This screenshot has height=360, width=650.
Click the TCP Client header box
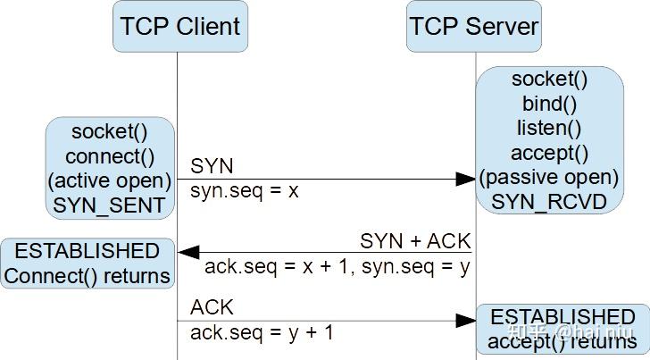click(179, 26)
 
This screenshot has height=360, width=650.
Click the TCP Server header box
click(473, 26)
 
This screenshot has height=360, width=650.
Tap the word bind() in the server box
click(549, 104)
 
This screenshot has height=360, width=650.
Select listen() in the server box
click(549, 128)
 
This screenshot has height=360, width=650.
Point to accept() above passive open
click(549, 153)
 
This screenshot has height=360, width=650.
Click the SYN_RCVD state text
click(549, 202)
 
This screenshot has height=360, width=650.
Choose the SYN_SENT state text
click(110, 205)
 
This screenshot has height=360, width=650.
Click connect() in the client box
click(110, 157)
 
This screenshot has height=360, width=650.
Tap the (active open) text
click(110, 181)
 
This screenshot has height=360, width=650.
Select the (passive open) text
click(549, 177)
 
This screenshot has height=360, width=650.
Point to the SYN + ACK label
click(415, 241)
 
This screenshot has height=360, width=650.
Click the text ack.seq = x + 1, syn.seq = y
click(337, 266)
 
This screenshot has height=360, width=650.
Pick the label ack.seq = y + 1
click(262, 332)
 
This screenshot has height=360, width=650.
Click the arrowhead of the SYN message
click(465, 179)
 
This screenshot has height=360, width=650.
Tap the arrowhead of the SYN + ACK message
click(187, 254)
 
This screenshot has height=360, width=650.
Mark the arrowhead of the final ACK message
click(465, 320)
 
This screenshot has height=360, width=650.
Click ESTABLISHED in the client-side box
click(87, 251)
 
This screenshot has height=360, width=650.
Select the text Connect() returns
click(87, 276)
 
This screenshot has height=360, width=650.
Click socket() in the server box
click(549, 80)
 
